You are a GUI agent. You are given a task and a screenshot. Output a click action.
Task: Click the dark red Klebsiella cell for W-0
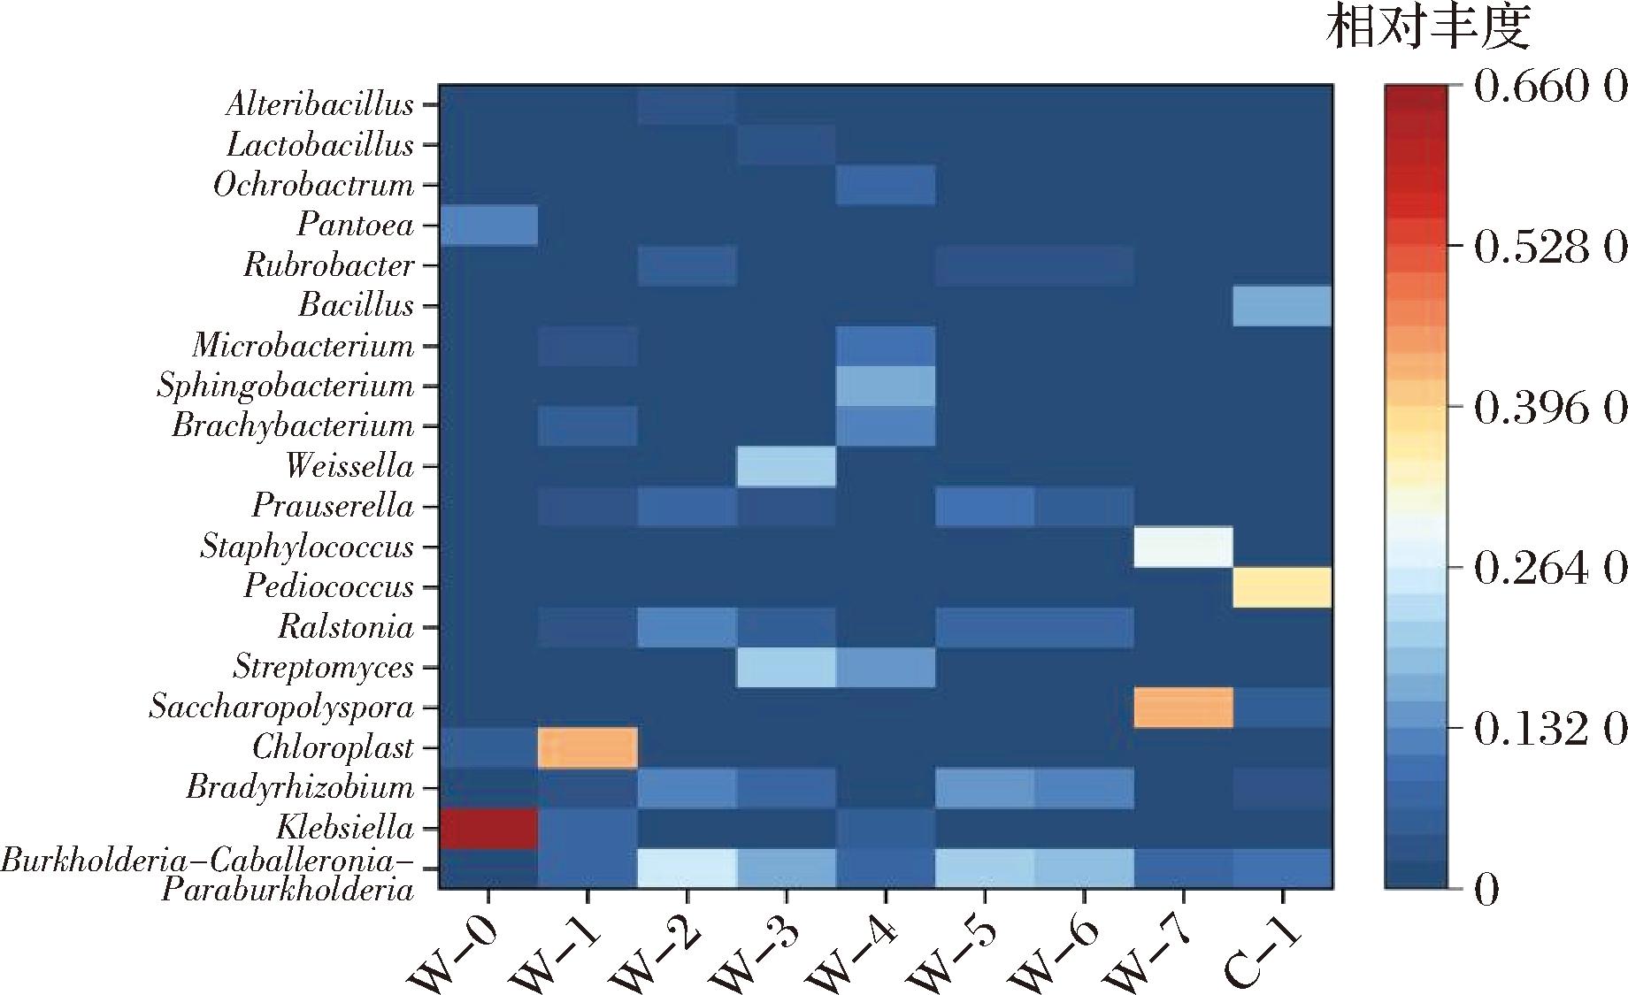488,828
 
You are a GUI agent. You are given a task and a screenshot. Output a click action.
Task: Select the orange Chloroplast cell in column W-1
587,747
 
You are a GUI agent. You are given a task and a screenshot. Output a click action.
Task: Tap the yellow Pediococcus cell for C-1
1282,587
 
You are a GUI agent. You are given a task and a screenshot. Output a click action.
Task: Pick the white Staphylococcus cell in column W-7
1183,547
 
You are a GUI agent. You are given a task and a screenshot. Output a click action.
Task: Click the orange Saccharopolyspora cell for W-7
1183,708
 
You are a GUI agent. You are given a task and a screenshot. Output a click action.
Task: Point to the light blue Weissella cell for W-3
787,466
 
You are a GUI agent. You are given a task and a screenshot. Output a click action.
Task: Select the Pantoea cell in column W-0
488,225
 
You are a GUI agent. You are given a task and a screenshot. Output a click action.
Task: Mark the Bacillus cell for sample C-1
1282,305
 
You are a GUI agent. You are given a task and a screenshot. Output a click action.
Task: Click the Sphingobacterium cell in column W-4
886,386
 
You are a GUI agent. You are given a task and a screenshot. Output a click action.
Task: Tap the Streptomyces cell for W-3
787,667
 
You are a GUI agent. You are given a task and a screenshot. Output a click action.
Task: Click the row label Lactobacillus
319,145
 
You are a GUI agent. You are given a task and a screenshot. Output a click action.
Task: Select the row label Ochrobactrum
313,185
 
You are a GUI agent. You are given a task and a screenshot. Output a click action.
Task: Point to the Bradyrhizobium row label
299,787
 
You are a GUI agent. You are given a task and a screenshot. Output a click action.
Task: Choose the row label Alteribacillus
319,104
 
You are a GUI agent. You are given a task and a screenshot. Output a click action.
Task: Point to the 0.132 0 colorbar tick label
1548,731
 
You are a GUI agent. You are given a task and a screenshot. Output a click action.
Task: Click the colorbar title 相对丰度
1428,29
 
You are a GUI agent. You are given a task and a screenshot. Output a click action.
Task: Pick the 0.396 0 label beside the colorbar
1548,409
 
